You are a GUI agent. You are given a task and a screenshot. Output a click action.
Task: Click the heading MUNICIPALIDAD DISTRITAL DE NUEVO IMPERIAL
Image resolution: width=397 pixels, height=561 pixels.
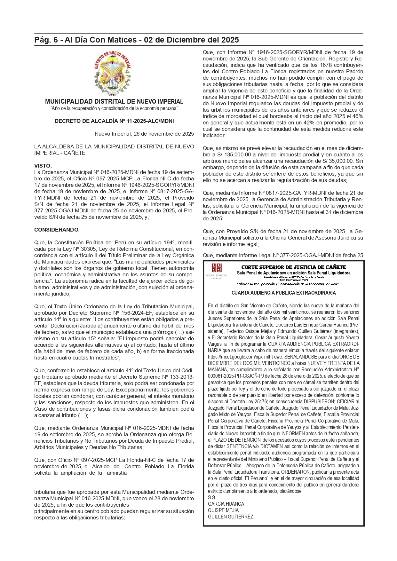click(x=114, y=102)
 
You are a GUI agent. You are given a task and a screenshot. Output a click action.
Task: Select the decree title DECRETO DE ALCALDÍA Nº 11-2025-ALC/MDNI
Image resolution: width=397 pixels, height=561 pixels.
click(x=114, y=121)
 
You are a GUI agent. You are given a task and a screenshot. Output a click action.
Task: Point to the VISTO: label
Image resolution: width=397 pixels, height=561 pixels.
click(x=43, y=166)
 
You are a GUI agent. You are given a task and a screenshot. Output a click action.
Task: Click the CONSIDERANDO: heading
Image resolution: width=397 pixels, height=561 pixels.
click(x=57, y=230)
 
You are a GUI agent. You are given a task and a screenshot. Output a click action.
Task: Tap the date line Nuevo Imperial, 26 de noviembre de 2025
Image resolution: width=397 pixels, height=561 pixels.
click(x=144, y=134)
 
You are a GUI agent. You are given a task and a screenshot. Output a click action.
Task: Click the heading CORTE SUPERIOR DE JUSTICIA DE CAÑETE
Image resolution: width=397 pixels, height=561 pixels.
click(x=293, y=267)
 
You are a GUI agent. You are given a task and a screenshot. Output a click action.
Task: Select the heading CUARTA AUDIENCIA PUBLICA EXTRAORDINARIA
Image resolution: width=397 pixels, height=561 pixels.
click(x=283, y=293)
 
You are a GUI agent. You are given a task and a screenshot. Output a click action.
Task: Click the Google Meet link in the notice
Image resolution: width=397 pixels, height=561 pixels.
click(x=245, y=357)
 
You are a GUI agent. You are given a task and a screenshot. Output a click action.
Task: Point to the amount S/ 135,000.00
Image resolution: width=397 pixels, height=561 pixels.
click(x=231, y=154)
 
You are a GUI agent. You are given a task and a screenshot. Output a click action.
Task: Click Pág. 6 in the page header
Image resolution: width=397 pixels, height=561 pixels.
click(x=47, y=40)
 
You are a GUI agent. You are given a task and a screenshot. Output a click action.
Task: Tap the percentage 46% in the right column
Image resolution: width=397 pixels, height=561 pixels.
click(x=358, y=116)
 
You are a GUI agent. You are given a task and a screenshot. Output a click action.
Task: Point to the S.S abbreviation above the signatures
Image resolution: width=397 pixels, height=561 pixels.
click(x=211, y=497)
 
